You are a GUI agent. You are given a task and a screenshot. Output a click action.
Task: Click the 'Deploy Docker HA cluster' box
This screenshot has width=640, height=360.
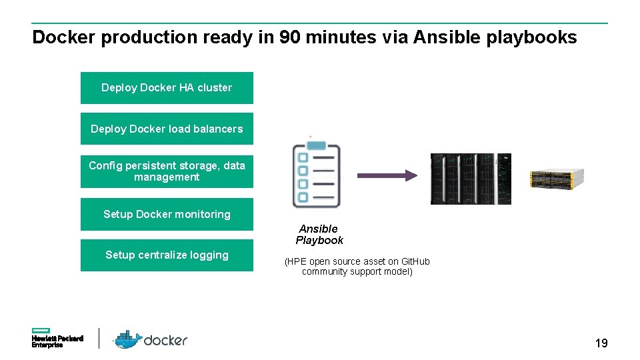tap(167, 88)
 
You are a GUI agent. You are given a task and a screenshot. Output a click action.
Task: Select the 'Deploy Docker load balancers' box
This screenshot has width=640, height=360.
tap(167, 129)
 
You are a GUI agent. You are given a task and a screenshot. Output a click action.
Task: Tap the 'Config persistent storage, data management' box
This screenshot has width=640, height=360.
tap(167, 171)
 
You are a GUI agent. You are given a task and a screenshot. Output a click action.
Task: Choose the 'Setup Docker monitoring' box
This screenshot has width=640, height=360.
tap(167, 214)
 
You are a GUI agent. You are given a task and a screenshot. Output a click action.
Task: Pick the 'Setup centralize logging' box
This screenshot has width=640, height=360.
tap(167, 255)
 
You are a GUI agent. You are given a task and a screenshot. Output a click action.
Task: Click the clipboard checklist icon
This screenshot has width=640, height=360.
tap(316, 175)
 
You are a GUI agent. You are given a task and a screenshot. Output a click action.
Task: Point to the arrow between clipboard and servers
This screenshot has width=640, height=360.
tap(387, 175)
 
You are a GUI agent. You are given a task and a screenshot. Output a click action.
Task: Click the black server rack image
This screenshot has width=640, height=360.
tap(470, 179)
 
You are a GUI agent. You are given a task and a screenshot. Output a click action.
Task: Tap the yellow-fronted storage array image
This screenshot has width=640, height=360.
tap(556, 178)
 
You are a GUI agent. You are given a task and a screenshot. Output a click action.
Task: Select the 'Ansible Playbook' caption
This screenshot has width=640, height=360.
tap(319, 235)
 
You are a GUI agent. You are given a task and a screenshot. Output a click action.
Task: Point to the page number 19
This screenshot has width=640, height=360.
tap(601, 343)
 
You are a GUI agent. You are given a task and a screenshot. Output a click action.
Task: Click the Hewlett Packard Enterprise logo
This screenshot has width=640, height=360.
tap(57, 338)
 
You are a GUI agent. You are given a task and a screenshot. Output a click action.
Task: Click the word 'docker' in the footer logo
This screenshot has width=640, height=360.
tap(166, 341)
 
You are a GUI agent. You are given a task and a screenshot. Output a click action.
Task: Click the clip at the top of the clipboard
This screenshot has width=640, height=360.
tap(316, 145)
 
